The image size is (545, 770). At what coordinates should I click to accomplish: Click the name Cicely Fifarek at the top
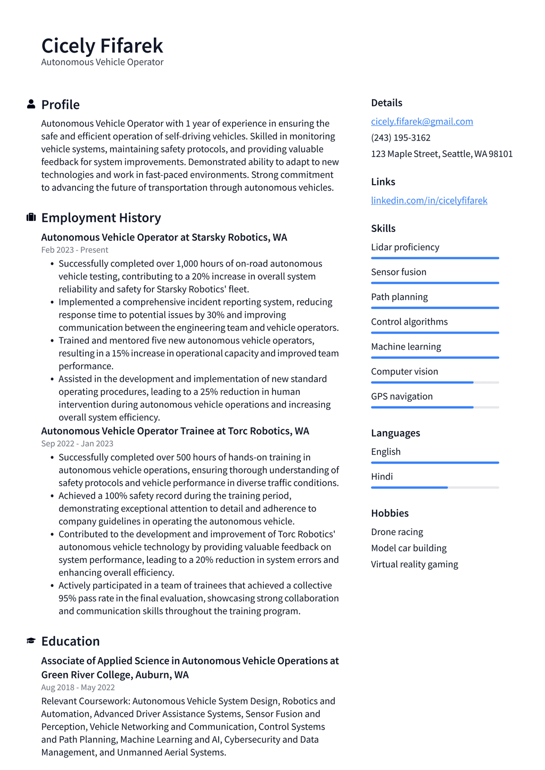(x=102, y=46)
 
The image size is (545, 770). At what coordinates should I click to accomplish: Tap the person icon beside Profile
(x=31, y=104)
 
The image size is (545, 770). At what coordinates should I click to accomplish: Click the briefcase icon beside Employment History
(x=31, y=217)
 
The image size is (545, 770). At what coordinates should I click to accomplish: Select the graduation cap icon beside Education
(x=31, y=641)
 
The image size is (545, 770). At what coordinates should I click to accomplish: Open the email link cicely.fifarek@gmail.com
(x=422, y=121)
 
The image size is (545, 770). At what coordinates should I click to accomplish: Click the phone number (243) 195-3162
(x=400, y=137)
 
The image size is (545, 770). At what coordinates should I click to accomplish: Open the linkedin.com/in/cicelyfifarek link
(x=429, y=200)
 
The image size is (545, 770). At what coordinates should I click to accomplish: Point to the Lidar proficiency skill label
(x=405, y=247)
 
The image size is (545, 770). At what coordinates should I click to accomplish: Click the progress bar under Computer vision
(x=434, y=382)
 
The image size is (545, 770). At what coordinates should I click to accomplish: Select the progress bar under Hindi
(x=434, y=487)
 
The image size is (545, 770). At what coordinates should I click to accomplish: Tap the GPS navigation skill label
(x=402, y=396)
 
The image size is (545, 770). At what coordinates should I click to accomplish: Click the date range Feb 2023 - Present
(x=75, y=250)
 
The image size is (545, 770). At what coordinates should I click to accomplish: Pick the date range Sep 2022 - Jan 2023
(x=77, y=443)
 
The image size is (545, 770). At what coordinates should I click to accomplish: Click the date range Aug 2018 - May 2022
(x=78, y=687)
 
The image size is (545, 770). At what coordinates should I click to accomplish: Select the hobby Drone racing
(x=397, y=532)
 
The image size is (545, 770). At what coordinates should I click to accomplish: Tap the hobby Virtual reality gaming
(x=414, y=564)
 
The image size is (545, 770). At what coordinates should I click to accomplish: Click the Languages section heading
(x=395, y=433)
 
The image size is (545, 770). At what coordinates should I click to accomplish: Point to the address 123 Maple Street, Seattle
(x=442, y=154)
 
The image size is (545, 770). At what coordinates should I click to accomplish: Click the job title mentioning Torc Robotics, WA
(x=175, y=430)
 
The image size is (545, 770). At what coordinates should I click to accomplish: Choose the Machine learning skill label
(x=406, y=346)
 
